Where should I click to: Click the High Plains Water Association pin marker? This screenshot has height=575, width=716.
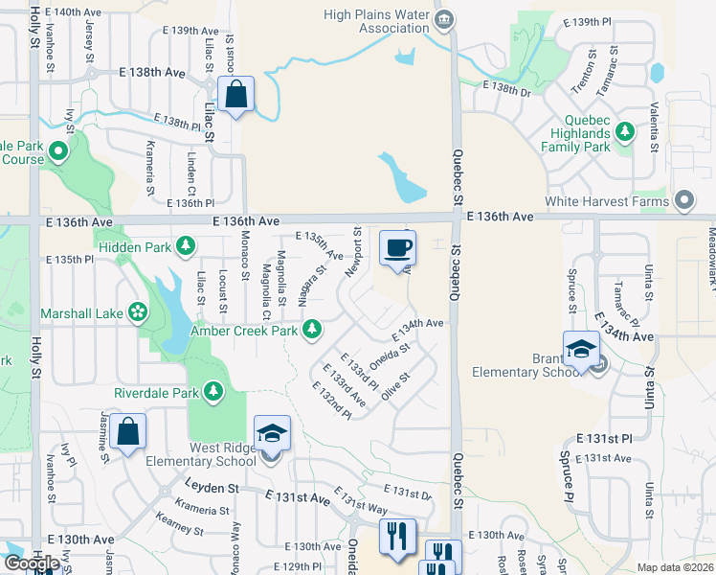point(443,19)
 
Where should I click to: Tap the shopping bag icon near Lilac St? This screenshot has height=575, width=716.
point(235,96)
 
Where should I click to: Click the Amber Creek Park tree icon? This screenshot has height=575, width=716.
point(311,331)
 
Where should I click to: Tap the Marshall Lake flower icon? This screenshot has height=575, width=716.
point(139,312)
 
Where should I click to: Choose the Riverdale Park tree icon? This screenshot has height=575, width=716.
point(212,392)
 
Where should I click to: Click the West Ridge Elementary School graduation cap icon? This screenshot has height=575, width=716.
point(272,436)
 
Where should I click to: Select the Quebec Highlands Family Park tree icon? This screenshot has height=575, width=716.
point(625,130)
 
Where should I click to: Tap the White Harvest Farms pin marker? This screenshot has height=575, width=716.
point(684,201)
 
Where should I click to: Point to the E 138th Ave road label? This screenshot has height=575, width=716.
point(152,73)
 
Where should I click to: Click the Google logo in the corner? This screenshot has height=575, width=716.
point(32,563)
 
